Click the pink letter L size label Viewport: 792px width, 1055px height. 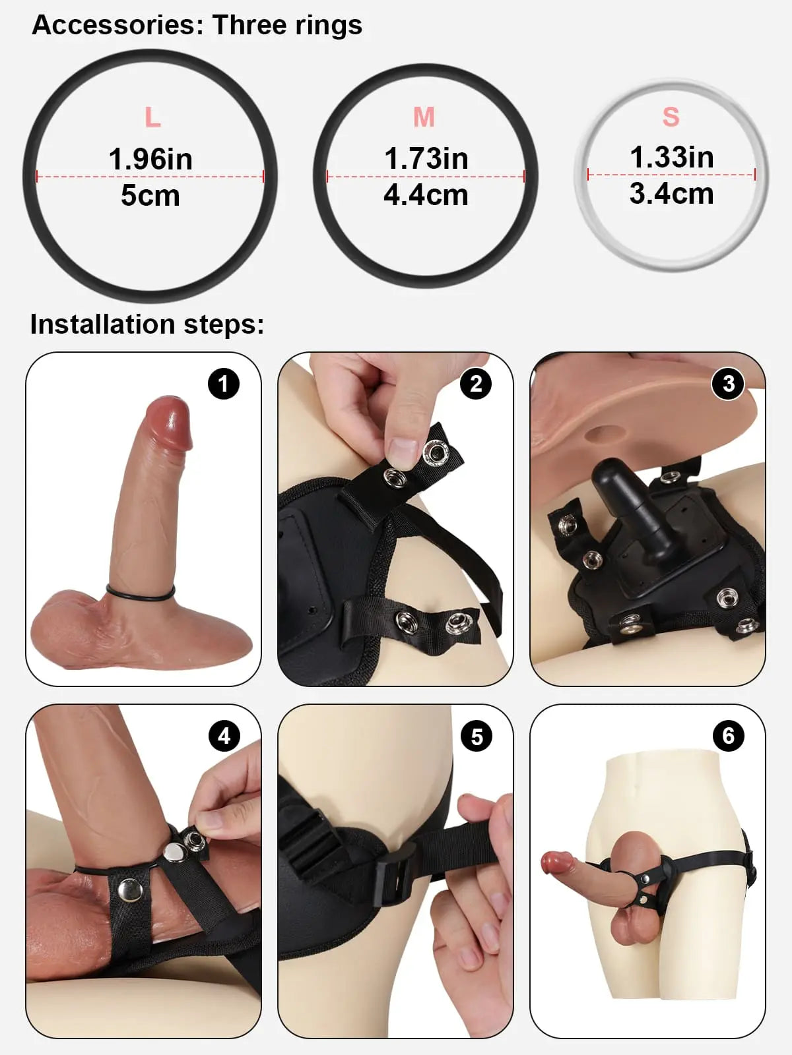coord(152,118)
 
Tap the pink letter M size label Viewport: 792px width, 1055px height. coord(424,117)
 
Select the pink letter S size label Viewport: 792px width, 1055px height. coord(671,117)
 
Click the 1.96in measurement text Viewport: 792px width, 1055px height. coord(150,160)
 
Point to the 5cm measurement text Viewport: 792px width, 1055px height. coord(150,196)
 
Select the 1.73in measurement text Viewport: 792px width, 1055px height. coord(426,159)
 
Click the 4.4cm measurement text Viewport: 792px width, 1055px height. coord(426,195)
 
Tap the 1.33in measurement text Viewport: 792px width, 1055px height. coord(672,158)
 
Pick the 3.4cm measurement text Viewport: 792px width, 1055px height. coord(672,194)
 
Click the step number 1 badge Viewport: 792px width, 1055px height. coord(223,384)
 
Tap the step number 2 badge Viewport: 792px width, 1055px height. coord(476,384)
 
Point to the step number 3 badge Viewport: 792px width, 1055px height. coord(729,384)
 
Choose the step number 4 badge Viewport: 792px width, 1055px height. coord(224,736)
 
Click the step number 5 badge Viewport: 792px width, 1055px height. coord(477,736)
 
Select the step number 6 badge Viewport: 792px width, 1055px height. coord(729,736)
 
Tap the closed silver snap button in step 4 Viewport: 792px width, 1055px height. coord(130,891)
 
